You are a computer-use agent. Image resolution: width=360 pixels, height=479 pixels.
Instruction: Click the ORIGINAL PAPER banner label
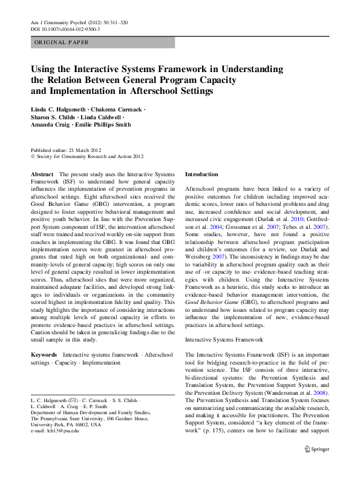pyautogui.click(x=62, y=42)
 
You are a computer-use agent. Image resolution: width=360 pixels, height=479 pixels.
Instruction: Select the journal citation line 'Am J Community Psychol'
pyautogui.click(x=58, y=22)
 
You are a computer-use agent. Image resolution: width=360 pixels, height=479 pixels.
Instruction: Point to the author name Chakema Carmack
pyautogui.click(x=117, y=109)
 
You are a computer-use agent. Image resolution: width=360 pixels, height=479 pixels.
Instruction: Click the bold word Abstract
pyautogui.click(x=42, y=174)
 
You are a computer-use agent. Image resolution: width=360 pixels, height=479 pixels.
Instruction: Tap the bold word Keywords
pyautogui.click(x=44, y=354)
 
